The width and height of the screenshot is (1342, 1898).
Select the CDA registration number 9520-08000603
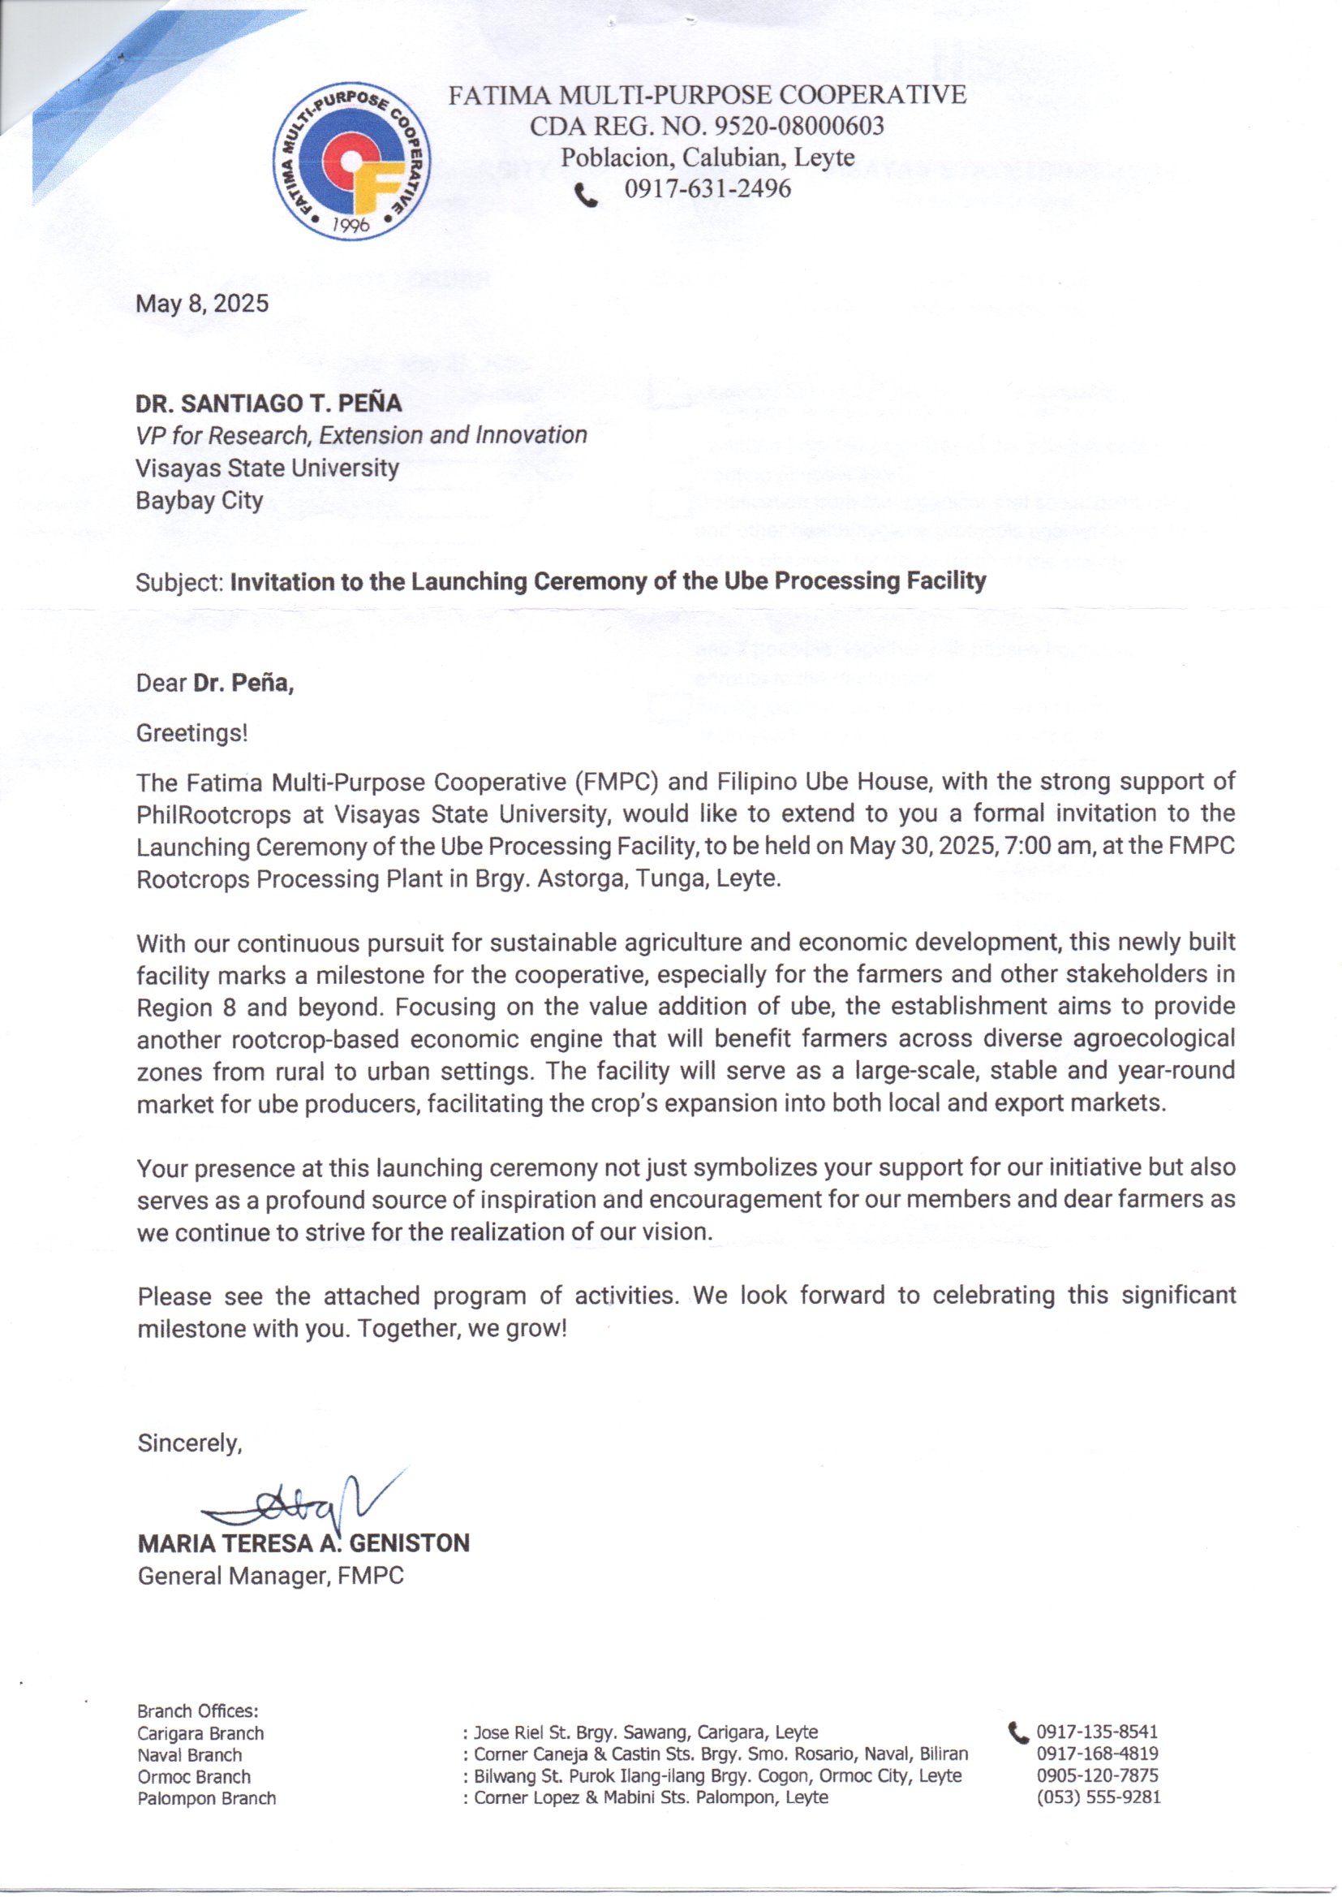(798, 127)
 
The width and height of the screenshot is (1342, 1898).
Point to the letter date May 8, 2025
(203, 304)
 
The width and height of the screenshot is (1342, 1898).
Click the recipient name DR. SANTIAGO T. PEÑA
(269, 403)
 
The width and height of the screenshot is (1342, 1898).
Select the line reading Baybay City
(199, 501)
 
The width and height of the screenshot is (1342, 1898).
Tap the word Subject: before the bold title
(180, 583)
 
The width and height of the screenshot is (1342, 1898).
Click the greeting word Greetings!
(191, 733)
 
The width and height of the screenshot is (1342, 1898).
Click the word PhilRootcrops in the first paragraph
(214, 815)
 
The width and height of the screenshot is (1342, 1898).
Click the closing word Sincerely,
(189, 1443)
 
